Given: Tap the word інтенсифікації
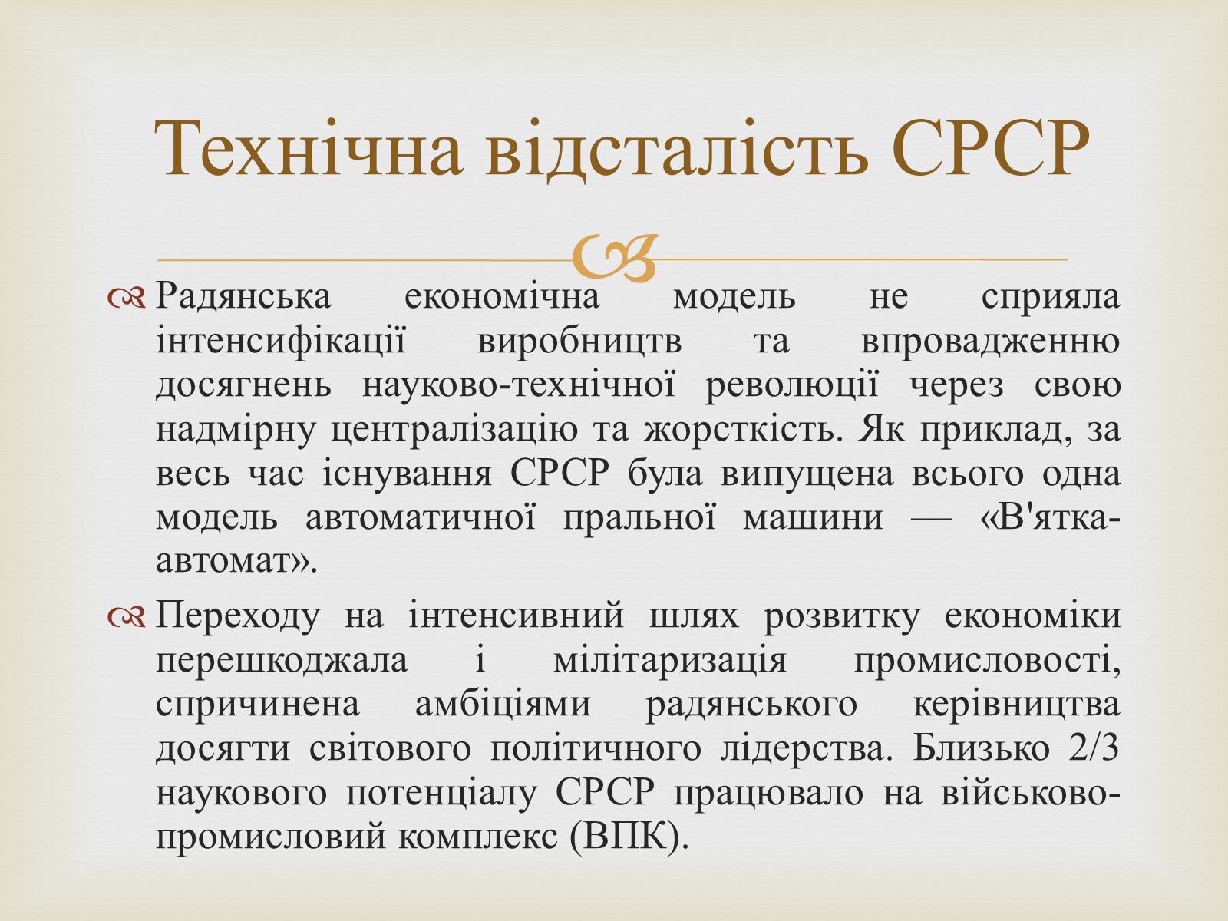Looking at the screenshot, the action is pyautogui.click(x=281, y=341).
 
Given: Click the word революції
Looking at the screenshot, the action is pyautogui.click(x=792, y=386).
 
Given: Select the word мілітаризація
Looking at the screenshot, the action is pyautogui.click(x=670, y=661).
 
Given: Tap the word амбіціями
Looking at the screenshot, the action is pyautogui.click(x=503, y=704).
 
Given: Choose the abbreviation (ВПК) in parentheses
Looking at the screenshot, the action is pyautogui.click(x=631, y=837).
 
